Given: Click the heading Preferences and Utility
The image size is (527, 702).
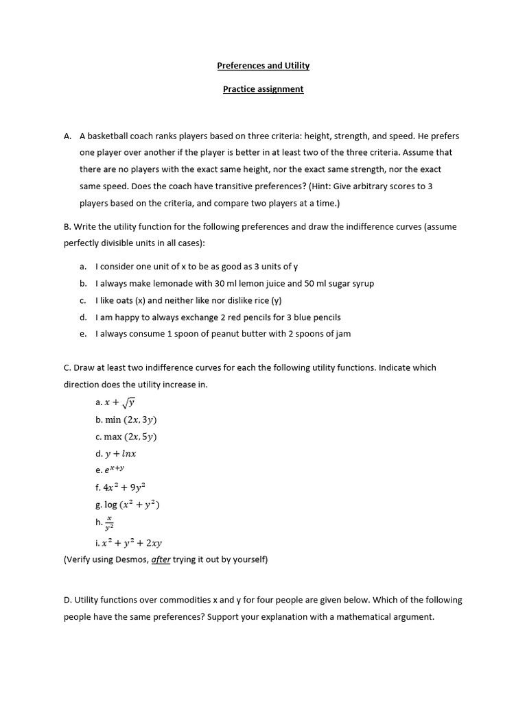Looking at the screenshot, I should point(263,66).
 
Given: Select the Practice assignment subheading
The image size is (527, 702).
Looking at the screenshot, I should point(263,89).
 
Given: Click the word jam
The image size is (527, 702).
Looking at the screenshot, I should point(342,334).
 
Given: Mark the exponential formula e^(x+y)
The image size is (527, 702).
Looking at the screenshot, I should point(115,470).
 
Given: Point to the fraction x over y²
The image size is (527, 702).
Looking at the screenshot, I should point(109,523).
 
